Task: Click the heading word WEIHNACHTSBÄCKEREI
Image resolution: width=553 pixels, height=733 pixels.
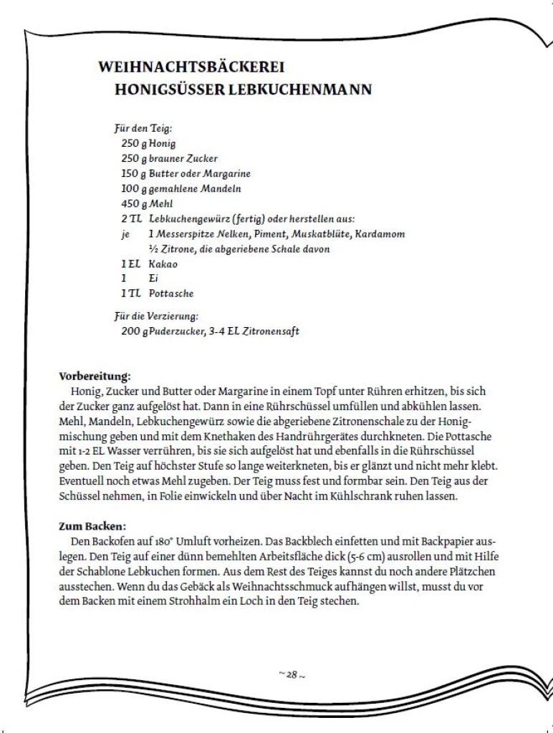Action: click(191, 67)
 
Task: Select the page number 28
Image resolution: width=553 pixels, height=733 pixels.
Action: click(292, 674)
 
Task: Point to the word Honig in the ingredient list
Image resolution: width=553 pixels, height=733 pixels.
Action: click(162, 143)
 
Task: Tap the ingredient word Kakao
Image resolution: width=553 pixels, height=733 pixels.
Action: click(163, 263)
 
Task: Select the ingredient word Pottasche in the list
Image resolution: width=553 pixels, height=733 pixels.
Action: click(171, 293)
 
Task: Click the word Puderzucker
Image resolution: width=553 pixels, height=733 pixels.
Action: click(177, 331)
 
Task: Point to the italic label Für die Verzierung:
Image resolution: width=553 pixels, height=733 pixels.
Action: click(156, 316)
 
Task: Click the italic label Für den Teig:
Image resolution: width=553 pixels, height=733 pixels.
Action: click(143, 129)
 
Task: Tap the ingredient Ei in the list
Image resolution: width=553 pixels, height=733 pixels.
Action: click(153, 278)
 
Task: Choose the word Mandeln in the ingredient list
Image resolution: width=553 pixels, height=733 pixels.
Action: click(221, 189)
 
